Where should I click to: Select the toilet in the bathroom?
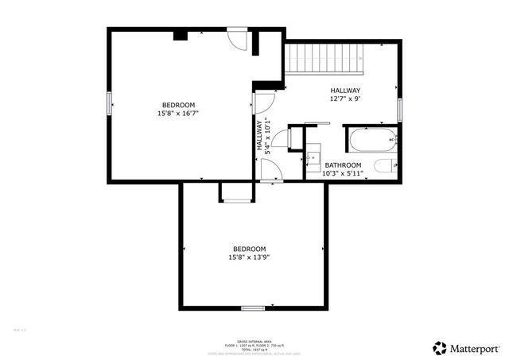[x=384, y=167]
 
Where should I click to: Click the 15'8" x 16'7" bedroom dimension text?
[x=179, y=114]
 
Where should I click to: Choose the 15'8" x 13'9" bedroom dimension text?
[x=251, y=257]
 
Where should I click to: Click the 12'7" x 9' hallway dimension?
[x=345, y=99]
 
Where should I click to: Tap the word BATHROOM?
[x=344, y=165]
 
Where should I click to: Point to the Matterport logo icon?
[x=440, y=347]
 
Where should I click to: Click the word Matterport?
[x=476, y=347]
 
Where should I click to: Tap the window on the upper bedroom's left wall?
[x=109, y=104]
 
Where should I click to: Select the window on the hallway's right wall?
[x=401, y=109]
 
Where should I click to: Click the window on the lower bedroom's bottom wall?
[x=253, y=308]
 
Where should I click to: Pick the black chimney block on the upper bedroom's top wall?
[x=181, y=35]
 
